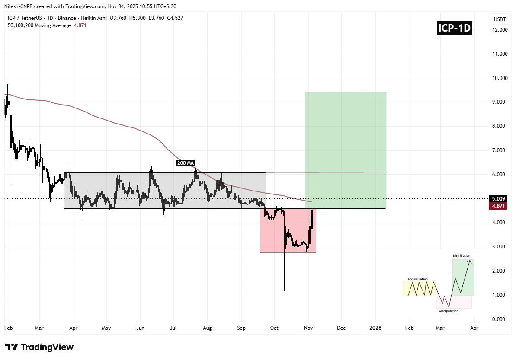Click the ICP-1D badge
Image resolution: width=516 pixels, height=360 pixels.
[454, 29]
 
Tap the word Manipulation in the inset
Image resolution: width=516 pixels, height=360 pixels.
[449, 311]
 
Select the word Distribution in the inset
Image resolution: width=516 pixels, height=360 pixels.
[461, 255]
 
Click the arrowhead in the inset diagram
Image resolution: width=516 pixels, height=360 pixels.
[470, 261]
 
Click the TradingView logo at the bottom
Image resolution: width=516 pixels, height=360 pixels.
[39, 347]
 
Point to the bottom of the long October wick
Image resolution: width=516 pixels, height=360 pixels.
[284, 290]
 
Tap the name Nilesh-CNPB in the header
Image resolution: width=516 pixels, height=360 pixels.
[20, 6]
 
